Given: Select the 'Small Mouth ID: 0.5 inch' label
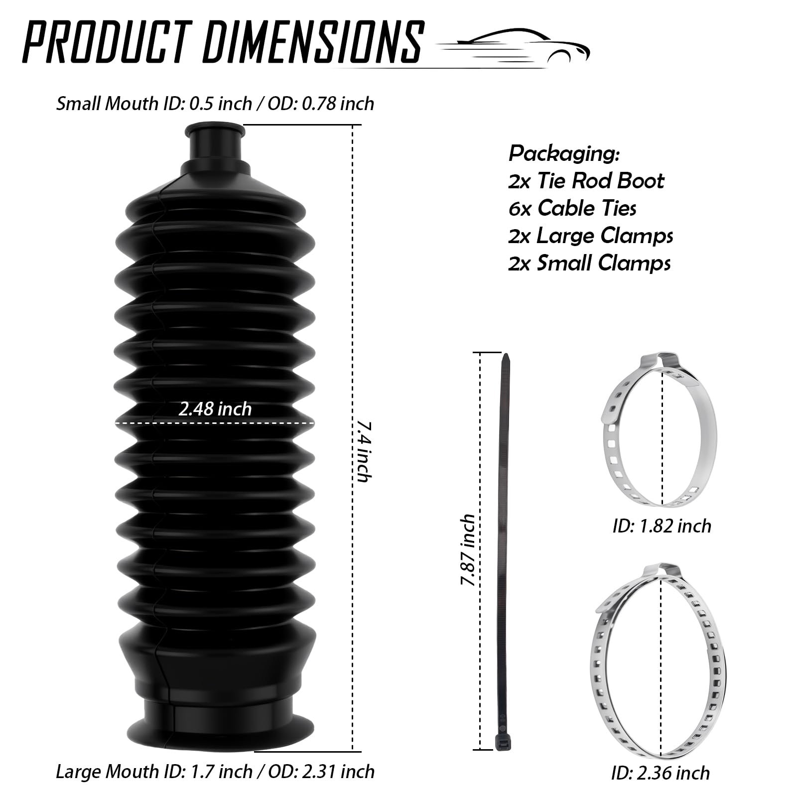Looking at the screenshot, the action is click(154, 104).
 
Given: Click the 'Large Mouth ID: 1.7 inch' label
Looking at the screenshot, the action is click(154, 772).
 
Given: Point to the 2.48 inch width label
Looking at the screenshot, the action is click(215, 409).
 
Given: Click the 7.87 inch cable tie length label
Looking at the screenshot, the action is click(468, 550).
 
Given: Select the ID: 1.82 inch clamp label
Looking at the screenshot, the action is click(662, 526).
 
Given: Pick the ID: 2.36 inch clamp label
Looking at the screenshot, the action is click(661, 773).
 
